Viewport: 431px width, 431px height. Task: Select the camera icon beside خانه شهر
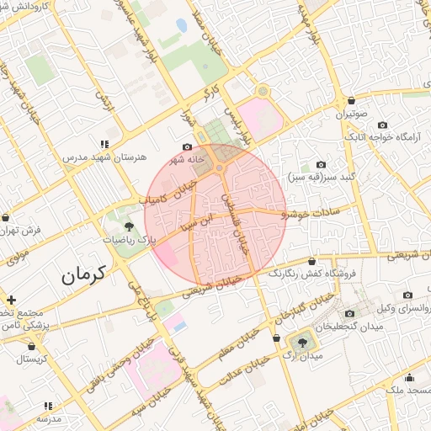pyautogui.click(x=188, y=146)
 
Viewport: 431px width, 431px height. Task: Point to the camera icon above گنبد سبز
pyautogui.click(x=320, y=164)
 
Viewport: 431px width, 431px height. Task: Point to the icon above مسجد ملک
pyautogui.click(x=410, y=377)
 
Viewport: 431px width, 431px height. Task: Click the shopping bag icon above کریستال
pyautogui.click(x=32, y=345)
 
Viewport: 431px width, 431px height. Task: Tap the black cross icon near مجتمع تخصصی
pyautogui.click(x=11, y=300)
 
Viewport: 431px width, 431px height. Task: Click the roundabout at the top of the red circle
pyautogui.click(x=219, y=169)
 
